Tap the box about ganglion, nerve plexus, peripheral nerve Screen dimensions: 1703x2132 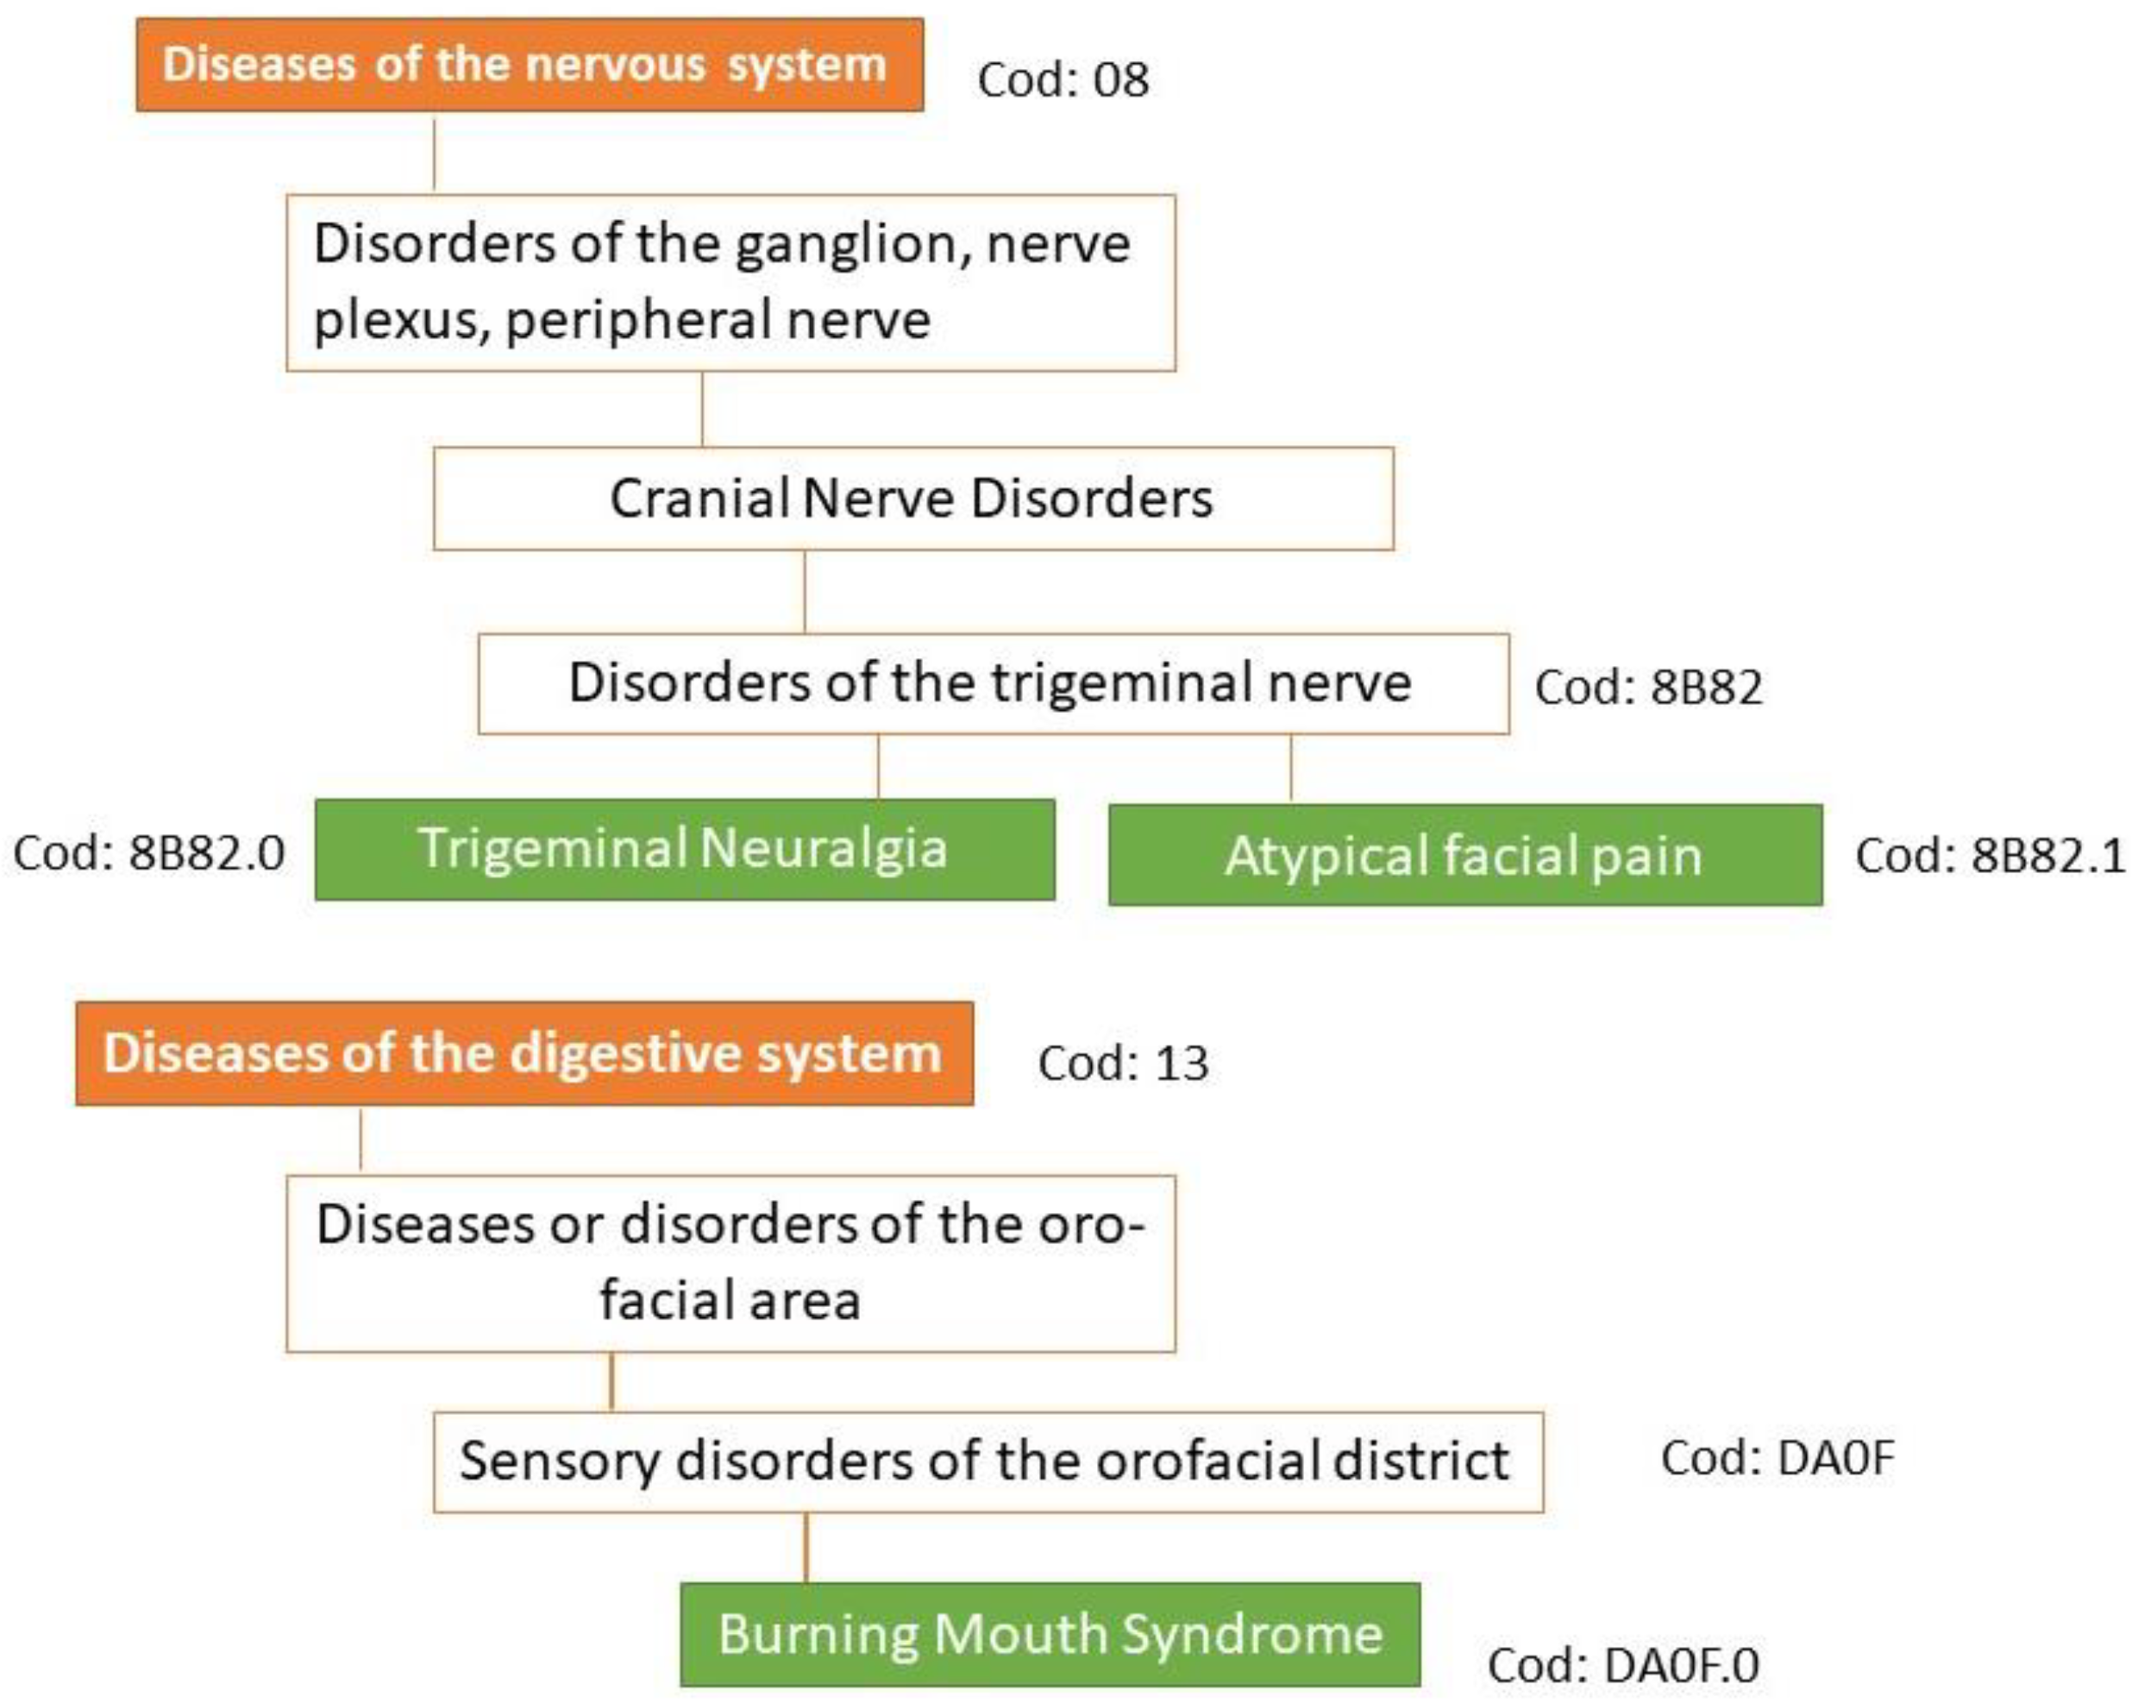tap(730, 283)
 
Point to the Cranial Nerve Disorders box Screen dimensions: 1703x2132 tap(912, 499)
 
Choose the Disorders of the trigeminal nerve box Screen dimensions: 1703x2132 tap(993, 683)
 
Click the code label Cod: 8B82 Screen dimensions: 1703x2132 tap(1647, 688)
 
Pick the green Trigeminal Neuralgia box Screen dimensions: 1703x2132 tap(684, 850)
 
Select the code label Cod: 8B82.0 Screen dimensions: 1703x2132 tap(148, 853)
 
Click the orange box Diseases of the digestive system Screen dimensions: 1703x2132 tap(524, 1053)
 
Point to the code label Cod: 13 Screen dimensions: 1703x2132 tap(1122, 1064)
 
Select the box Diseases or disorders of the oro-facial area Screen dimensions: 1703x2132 tap(730, 1263)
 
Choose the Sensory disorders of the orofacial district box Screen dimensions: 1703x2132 tap(987, 1461)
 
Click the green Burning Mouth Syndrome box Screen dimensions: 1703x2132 tap(1050, 1635)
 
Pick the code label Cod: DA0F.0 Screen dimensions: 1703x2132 tap(1623, 1665)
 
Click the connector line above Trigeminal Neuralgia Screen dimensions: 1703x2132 tap(878, 766)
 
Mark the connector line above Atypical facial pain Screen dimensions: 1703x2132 tap(1290, 769)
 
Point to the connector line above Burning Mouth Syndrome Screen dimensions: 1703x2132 tap(806, 1548)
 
